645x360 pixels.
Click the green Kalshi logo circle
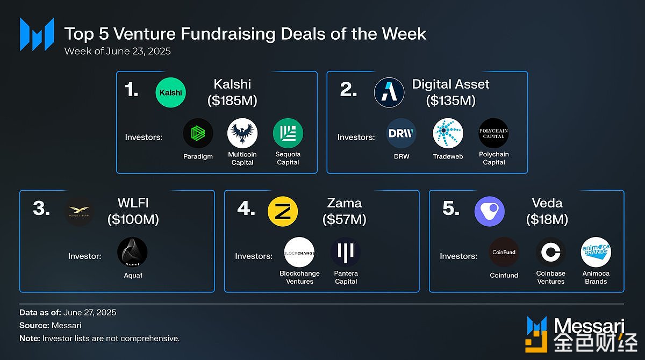tap(170, 92)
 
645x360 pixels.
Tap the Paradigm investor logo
tap(198, 133)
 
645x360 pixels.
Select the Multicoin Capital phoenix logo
tap(242, 133)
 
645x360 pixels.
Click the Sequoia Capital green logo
tap(288, 133)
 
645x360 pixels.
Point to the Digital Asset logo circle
tap(389, 92)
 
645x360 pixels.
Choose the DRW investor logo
tap(401, 133)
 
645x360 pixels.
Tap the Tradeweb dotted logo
tap(448, 133)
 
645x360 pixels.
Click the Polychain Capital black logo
tap(493, 133)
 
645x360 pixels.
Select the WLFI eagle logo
tap(79, 212)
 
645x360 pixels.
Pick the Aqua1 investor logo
tap(132, 252)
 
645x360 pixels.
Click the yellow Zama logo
tap(283, 212)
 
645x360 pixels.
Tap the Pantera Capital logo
tap(346, 252)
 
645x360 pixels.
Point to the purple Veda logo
tap(490, 212)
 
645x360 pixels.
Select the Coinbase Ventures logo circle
tap(550, 252)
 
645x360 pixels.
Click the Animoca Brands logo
tap(596, 252)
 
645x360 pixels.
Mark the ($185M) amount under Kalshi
tap(232, 100)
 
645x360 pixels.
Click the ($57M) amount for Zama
tap(345, 219)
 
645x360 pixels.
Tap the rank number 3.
tap(41, 208)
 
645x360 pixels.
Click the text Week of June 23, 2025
tap(118, 51)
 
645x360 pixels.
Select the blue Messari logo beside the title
tap(37, 34)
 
